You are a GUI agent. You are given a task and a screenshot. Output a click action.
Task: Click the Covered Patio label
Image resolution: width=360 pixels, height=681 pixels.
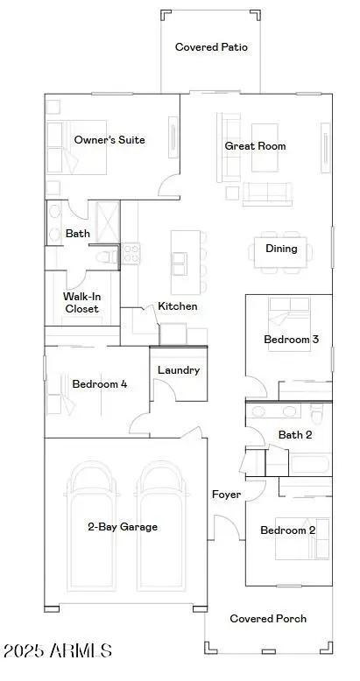tap(211, 47)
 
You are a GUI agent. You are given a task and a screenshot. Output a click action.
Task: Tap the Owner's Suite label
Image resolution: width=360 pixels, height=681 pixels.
tap(109, 140)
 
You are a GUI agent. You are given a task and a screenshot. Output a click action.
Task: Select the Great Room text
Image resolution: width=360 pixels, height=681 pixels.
tap(255, 146)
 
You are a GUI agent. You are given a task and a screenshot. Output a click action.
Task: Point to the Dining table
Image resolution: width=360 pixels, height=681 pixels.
tap(281, 249)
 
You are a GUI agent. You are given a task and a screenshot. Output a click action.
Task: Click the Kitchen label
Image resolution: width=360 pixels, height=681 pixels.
tap(177, 306)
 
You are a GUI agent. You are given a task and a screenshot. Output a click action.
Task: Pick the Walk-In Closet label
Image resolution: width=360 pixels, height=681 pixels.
tap(81, 303)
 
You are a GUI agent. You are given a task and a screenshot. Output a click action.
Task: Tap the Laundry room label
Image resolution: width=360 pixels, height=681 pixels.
tap(179, 370)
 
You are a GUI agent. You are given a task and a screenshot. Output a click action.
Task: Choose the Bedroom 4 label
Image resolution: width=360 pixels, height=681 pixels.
tap(100, 383)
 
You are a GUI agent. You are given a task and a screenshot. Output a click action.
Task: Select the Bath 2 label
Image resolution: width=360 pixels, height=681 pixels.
tap(295, 434)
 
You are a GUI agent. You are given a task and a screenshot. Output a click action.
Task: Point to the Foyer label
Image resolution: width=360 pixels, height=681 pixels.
tap(226, 495)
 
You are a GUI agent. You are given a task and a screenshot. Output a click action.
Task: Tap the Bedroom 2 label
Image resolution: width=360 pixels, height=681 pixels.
tap(288, 530)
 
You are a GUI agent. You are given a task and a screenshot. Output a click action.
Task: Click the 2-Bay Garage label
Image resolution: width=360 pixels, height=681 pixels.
tap(123, 527)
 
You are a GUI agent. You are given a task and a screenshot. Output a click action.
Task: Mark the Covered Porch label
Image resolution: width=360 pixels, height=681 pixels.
tap(268, 618)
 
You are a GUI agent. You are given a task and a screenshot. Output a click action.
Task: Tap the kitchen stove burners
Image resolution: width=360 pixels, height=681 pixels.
tap(131, 254)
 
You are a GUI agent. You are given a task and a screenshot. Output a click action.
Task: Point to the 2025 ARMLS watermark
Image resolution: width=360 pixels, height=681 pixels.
tap(57, 650)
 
